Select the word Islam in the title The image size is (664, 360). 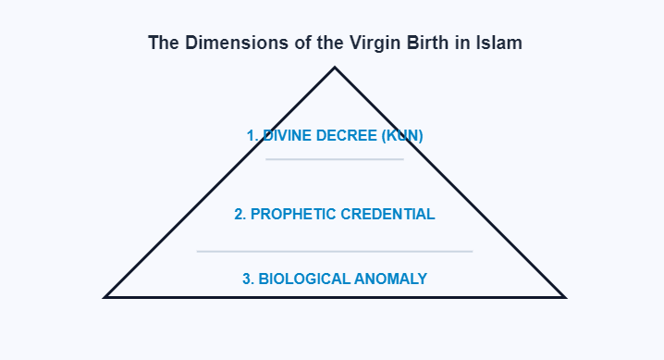coord(500,43)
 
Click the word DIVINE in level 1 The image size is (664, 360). coord(287,135)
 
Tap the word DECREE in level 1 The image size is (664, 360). coord(345,135)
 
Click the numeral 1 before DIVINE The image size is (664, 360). coord(251,135)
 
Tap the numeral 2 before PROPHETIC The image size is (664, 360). coord(240,214)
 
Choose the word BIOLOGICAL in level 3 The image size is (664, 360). coord(304,279)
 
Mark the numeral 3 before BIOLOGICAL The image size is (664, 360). coord(247,279)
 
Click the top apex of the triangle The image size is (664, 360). coord(335,68)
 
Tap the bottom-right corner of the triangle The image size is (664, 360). coord(563,296)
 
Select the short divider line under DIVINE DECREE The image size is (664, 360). coord(335,159)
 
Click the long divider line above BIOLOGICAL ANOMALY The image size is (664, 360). coord(335,251)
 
